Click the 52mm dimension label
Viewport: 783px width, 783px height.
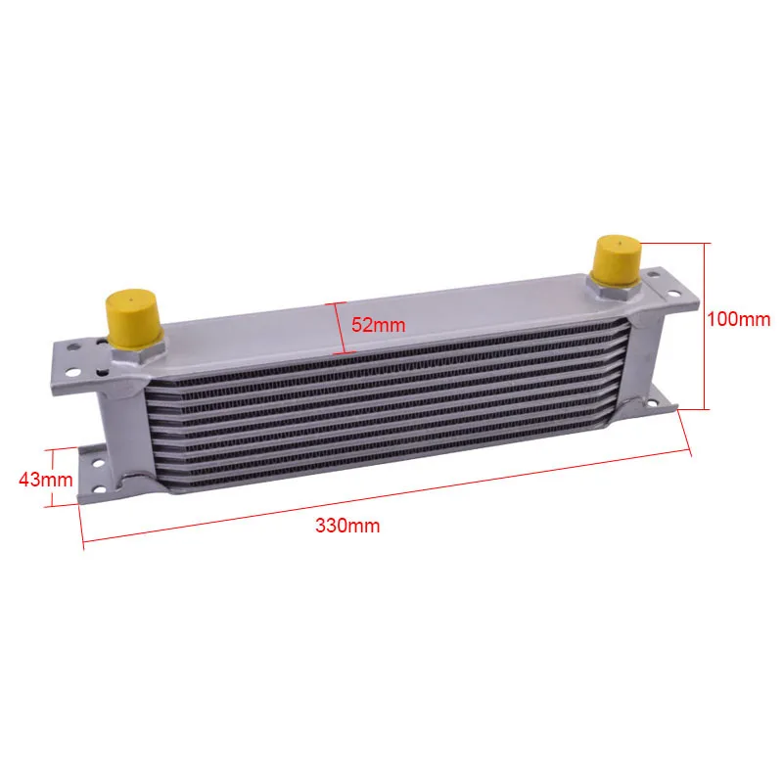pos(378,325)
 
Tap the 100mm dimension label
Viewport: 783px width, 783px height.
pos(739,319)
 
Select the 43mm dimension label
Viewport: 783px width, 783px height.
pos(45,480)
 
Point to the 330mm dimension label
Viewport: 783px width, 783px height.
pos(347,526)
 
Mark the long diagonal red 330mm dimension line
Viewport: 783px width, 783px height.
pos(386,496)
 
